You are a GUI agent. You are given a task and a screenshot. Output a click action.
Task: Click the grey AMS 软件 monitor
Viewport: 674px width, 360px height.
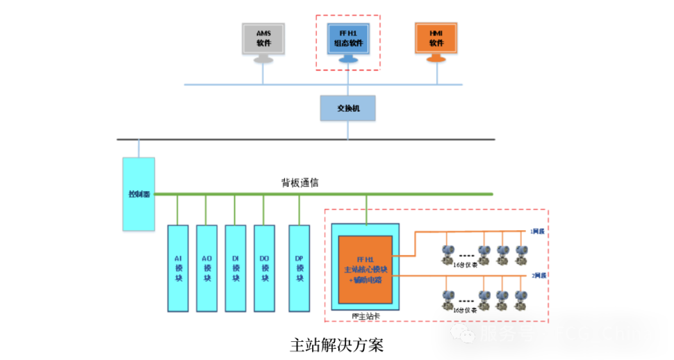pyautogui.click(x=263, y=39)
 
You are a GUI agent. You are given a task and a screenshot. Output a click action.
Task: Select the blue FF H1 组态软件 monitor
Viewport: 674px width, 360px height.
pyautogui.click(x=348, y=39)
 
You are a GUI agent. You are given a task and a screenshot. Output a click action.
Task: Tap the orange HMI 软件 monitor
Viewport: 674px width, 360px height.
pyautogui.click(x=436, y=39)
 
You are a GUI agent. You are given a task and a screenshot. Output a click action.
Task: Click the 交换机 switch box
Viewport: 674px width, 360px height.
pyautogui.click(x=347, y=108)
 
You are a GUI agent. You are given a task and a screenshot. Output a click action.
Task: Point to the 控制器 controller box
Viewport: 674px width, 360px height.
pyautogui.click(x=138, y=194)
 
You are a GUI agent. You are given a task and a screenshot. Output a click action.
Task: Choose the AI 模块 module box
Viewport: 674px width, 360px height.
pyautogui.click(x=178, y=268)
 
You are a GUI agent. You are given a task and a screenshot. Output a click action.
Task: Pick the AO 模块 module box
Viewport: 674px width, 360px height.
pyautogui.click(x=206, y=268)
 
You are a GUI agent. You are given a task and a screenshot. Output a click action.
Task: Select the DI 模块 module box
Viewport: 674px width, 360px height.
pyautogui.click(x=236, y=268)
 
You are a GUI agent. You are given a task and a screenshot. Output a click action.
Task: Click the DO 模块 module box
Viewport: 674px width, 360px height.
pyautogui.click(x=264, y=268)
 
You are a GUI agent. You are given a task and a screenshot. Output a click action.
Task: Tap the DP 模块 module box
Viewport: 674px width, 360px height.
pyautogui.click(x=299, y=268)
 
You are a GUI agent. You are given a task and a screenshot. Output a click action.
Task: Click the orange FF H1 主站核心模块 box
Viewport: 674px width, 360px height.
pyautogui.click(x=365, y=270)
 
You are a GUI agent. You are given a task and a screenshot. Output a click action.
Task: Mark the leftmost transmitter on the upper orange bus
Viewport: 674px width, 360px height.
pyautogui.click(x=448, y=254)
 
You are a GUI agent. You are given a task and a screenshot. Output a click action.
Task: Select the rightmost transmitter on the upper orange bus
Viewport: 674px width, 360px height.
pyautogui.click(x=521, y=254)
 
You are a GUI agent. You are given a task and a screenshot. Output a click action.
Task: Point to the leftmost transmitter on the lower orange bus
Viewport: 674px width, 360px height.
pyautogui.click(x=448, y=300)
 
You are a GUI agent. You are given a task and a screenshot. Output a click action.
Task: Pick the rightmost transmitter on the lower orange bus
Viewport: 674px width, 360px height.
pyautogui.click(x=521, y=300)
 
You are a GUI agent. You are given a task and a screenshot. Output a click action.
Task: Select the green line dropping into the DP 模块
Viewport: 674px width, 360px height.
pyautogui.click(x=299, y=210)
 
